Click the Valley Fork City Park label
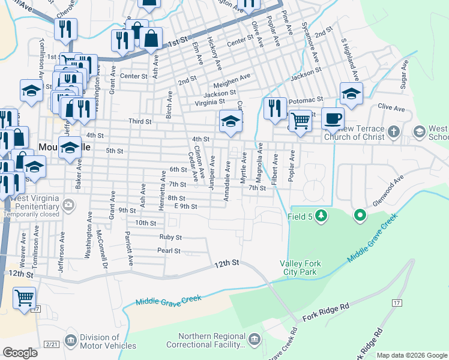pos(298,268)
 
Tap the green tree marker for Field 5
pos(321,215)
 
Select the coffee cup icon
pos(333,118)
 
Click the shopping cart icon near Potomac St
pos(301,120)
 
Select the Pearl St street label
pos(169,250)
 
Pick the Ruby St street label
pos(170,237)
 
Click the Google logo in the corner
pos(20,353)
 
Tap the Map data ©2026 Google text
pos(412,355)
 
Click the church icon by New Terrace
pos(393,131)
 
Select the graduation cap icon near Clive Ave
pos(351,92)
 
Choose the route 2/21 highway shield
pos(52,343)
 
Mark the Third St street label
pos(140,121)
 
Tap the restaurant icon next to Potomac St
pos(275,108)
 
